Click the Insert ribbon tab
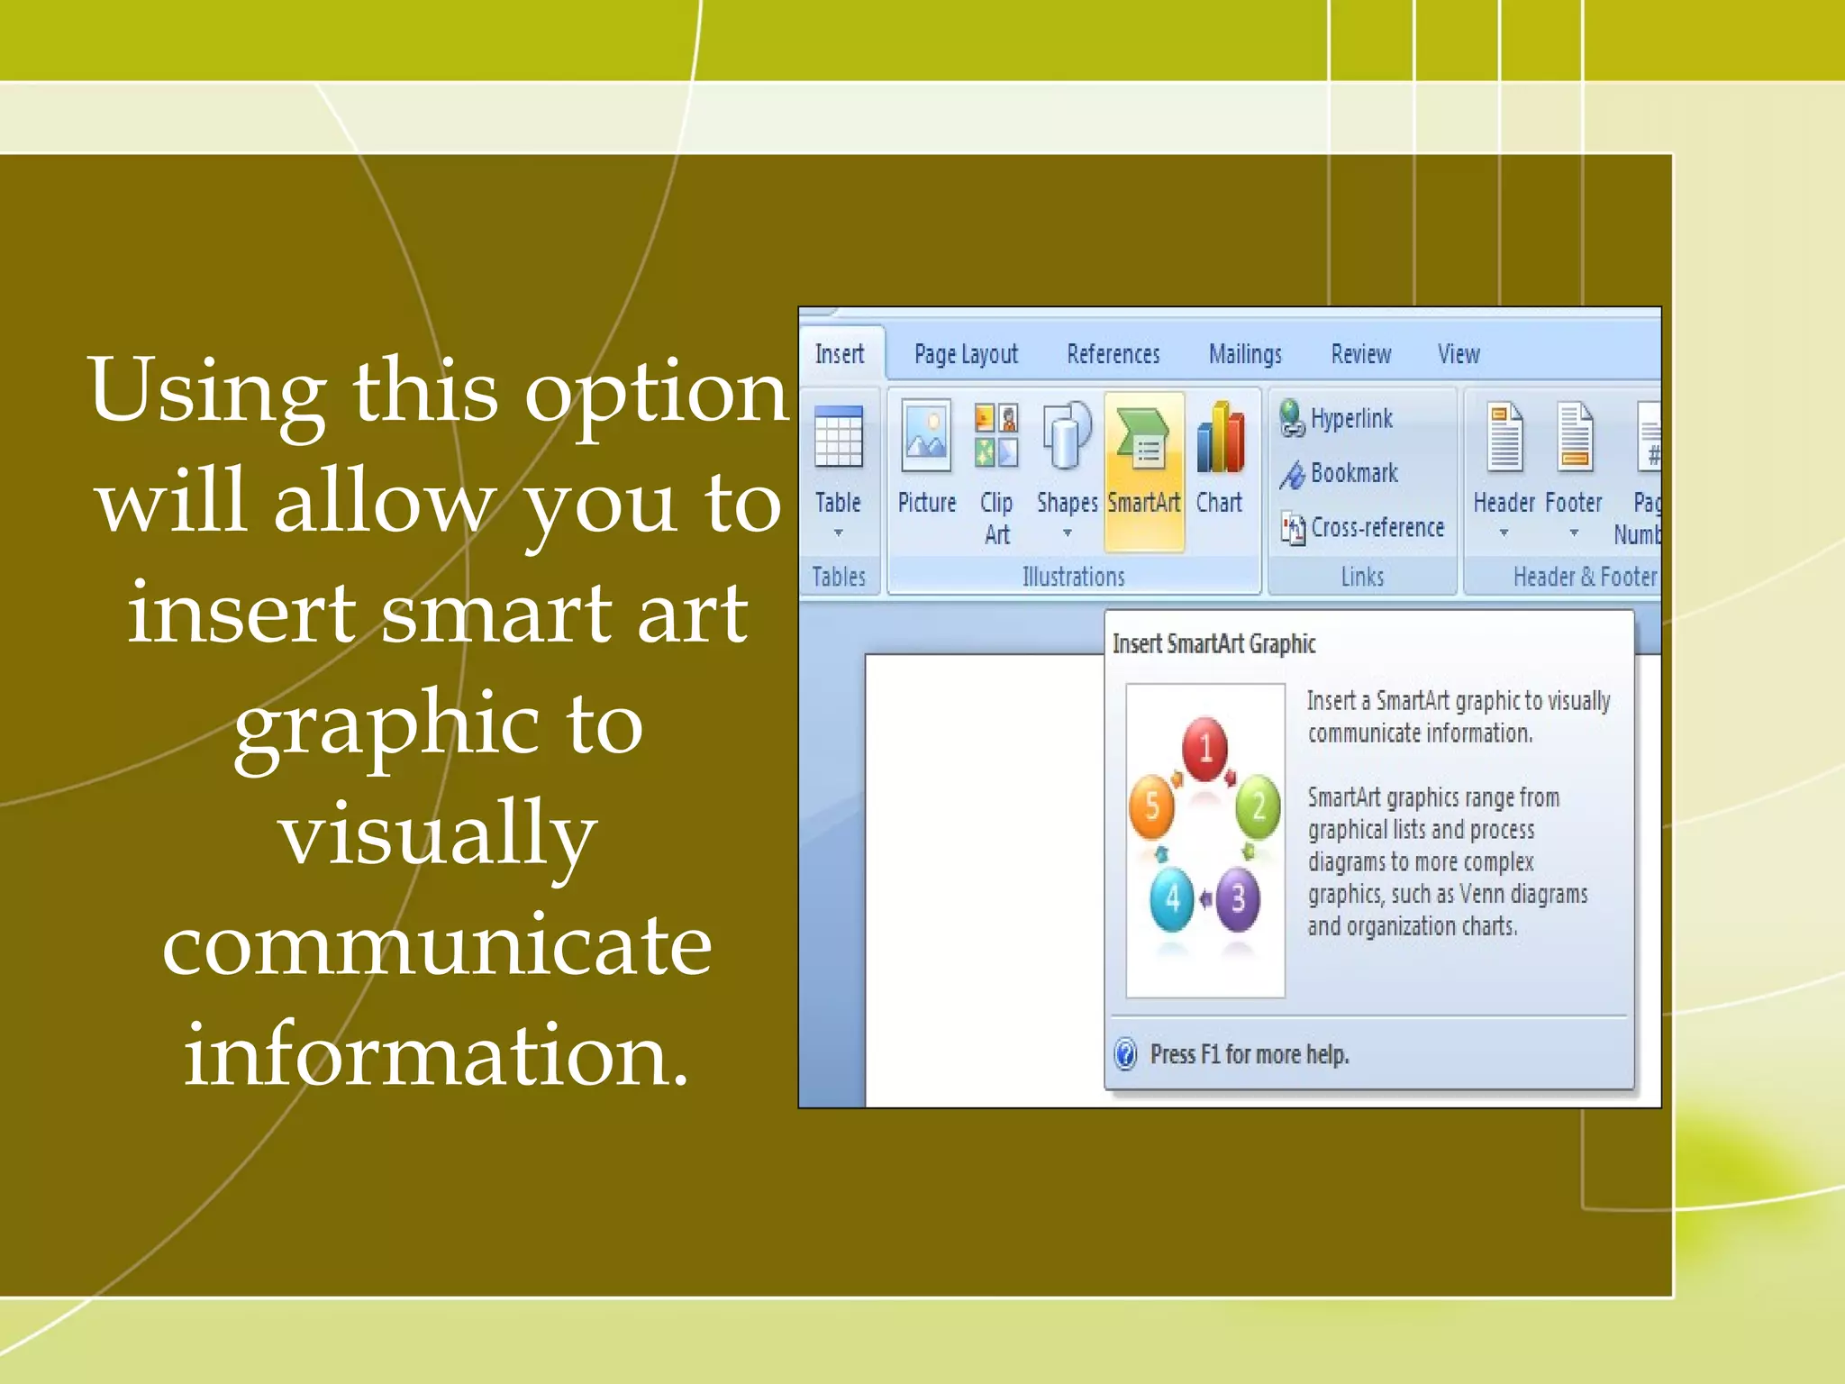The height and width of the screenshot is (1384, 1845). click(840, 354)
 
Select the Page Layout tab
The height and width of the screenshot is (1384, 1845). click(966, 354)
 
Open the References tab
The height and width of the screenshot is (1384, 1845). click(1113, 354)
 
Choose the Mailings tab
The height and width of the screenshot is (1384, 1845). click(1245, 354)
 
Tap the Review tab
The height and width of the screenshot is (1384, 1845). click(1361, 354)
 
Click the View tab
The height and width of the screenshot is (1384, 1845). click(1459, 354)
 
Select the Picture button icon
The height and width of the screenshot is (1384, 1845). click(926, 437)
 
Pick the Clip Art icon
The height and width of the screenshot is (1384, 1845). click(996, 437)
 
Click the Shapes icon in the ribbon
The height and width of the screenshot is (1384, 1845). click(1067, 437)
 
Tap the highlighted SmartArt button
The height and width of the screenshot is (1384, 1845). click(1143, 469)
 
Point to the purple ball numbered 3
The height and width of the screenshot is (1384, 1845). click(1239, 898)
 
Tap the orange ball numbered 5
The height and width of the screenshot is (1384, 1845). click(1151, 806)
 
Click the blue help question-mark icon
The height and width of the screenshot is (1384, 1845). click(1126, 1053)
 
